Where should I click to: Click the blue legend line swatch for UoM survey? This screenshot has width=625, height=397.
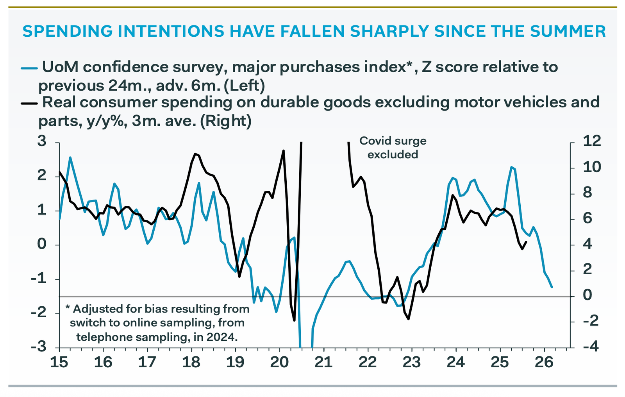coord(29,68)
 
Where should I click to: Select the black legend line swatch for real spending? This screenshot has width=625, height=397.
coord(29,103)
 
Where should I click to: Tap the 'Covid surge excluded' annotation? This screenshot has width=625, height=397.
coord(393,148)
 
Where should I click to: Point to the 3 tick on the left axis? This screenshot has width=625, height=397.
coord(42,141)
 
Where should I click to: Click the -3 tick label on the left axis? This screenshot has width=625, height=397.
coord(39,347)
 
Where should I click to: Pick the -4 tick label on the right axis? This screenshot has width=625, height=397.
coord(592,347)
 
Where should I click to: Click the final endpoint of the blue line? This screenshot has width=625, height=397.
coord(552,287)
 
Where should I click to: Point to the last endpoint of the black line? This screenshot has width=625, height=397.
coord(527,242)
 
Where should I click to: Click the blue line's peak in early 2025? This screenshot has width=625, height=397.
coord(511,167)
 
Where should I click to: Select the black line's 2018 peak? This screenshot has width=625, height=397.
coord(195,154)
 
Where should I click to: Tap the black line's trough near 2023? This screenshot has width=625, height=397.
coord(409,319)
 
